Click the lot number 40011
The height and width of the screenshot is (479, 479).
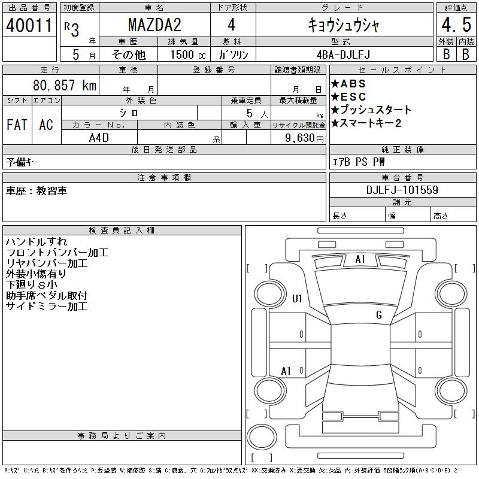point(29,25)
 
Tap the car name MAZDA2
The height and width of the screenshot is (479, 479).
point(154,25)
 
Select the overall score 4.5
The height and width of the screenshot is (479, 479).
point(456,25)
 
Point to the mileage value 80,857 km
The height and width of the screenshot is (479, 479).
point(65,85)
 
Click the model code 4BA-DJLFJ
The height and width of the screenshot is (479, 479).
point(343,54)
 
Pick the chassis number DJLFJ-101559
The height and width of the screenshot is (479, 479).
point(402,190)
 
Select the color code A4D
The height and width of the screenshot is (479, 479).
point(99,138)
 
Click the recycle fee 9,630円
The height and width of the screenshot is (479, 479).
point(304,138)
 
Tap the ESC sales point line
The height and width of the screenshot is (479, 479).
point(348,97)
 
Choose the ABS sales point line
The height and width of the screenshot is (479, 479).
point(348,84)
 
